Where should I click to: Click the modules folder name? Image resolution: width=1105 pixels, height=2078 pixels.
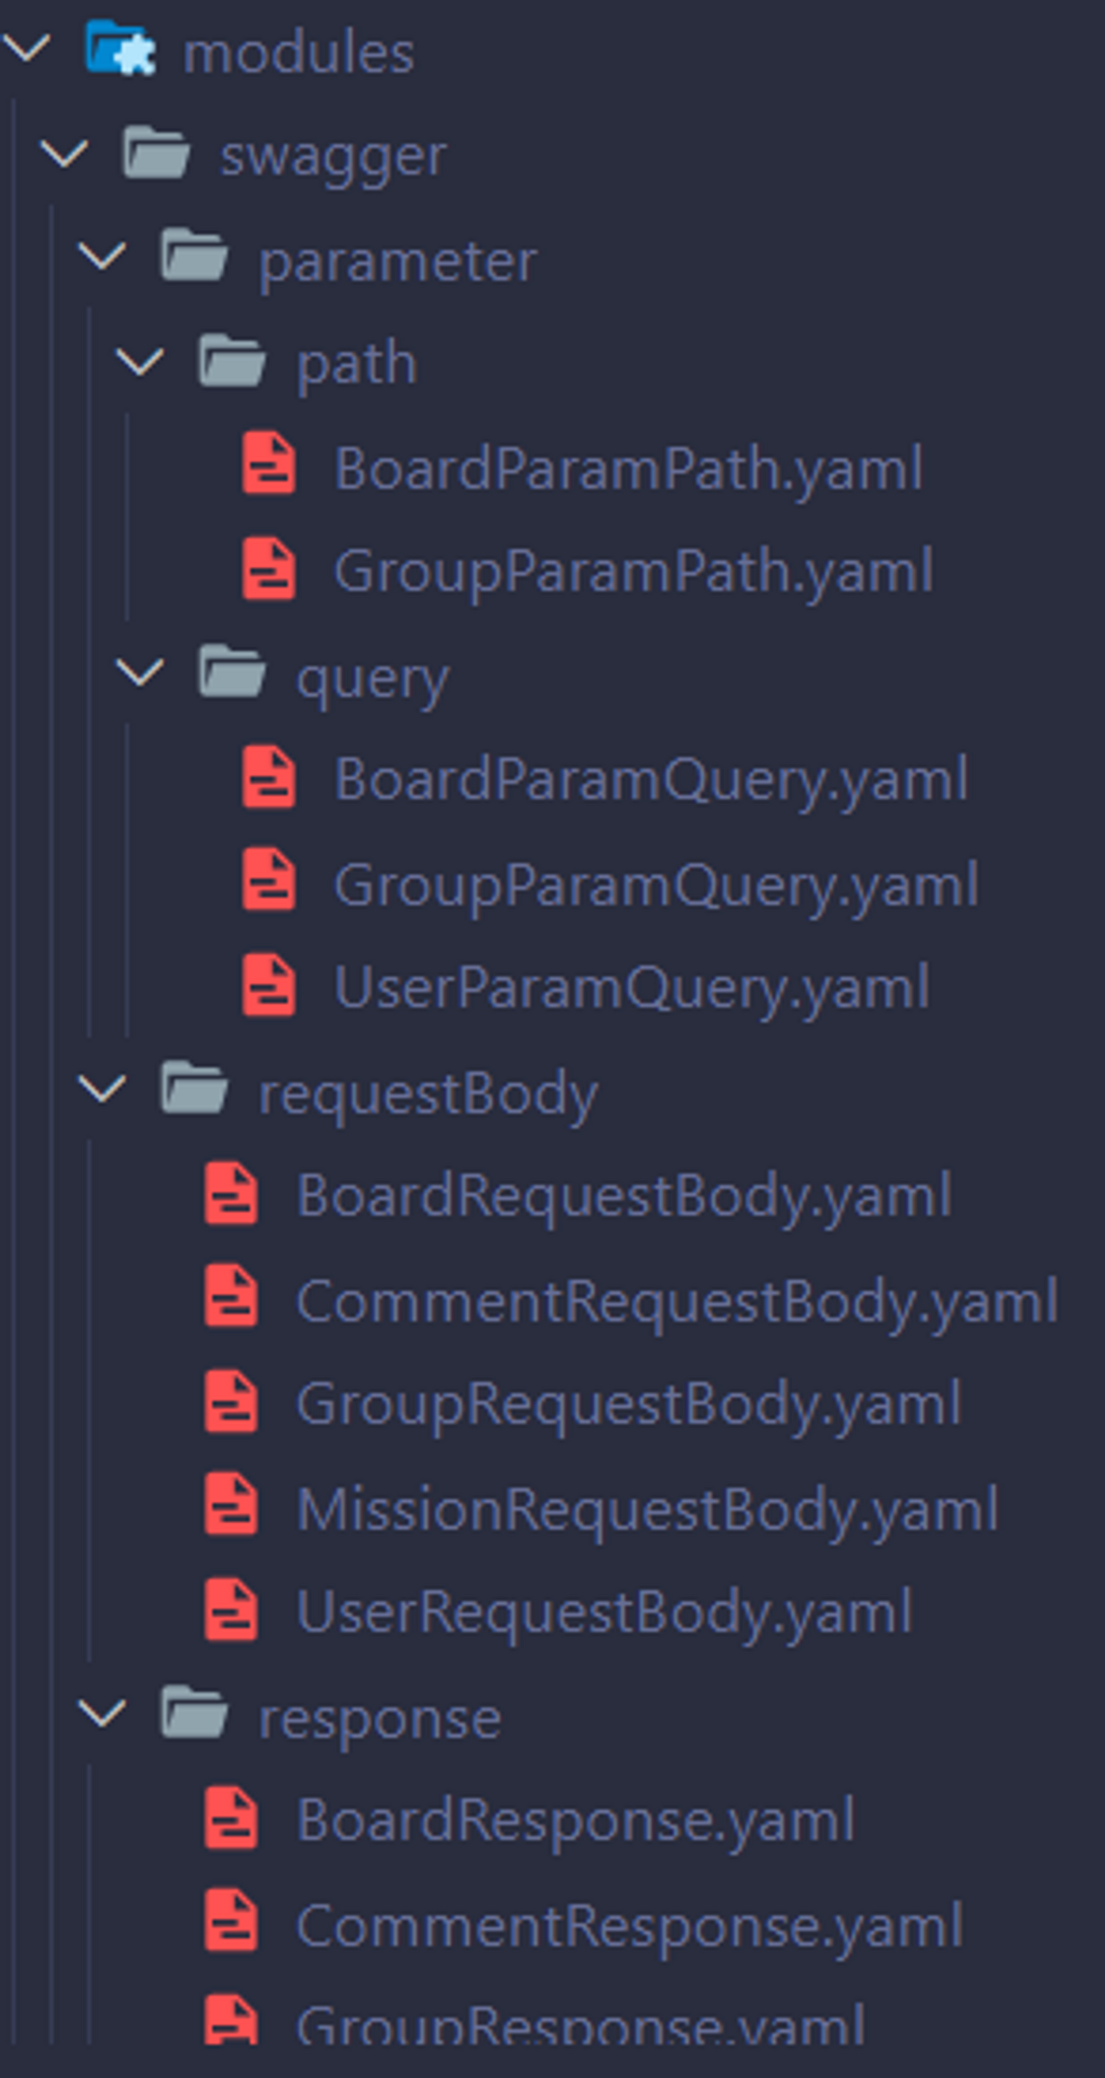tap(298, 54)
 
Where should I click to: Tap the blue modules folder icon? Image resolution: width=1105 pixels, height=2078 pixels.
tap(119, 48)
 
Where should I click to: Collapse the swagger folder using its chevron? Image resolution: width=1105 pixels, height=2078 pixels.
tap(65, 155)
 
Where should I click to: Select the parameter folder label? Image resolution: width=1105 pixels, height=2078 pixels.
tap(397, 261)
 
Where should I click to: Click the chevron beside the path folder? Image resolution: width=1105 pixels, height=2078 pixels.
tap(140, 362)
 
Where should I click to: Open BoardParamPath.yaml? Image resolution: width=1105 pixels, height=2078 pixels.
tap(628, 469)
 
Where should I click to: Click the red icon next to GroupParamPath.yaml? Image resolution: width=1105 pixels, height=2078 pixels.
tap(269, 570)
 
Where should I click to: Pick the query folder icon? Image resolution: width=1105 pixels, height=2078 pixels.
tap(230, 672)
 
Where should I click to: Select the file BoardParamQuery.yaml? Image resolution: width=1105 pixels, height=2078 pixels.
tap(650, 780)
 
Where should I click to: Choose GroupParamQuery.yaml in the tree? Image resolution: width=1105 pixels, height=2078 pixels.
tap(655, 885)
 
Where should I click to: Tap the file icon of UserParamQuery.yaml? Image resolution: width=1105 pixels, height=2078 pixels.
tap(269, 985)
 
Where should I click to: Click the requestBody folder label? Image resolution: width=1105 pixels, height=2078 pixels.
tap(428, 1093)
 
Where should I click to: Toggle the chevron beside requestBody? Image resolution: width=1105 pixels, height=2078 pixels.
tap(103, 1089)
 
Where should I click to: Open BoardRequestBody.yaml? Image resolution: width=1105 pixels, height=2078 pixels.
tap(623, 1196)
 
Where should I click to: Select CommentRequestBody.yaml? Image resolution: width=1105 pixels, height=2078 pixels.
tap(676, 1301)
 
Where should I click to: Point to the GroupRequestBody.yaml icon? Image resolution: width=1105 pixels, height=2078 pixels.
tap(230, 1403)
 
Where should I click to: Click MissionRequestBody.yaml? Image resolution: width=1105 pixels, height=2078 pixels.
tap(647, 1510)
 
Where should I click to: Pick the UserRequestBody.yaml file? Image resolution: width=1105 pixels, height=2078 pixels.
tap(603, 1612)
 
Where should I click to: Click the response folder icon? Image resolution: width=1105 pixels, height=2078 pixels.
tap(194, 1713)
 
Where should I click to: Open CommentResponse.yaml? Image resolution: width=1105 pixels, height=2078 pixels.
tap(628, 1926)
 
